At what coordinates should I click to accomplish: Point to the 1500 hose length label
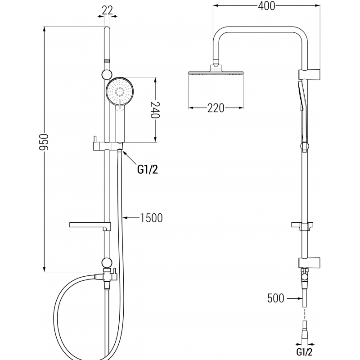pos(151,218)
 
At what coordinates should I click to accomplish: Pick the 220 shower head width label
pos(216,108)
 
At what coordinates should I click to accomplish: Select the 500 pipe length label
pos(275,298)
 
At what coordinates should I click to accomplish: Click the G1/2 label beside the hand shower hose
pos(148,170)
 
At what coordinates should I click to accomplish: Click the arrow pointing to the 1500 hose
pos(130,218)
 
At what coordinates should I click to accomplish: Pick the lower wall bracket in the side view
pos(309,261)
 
